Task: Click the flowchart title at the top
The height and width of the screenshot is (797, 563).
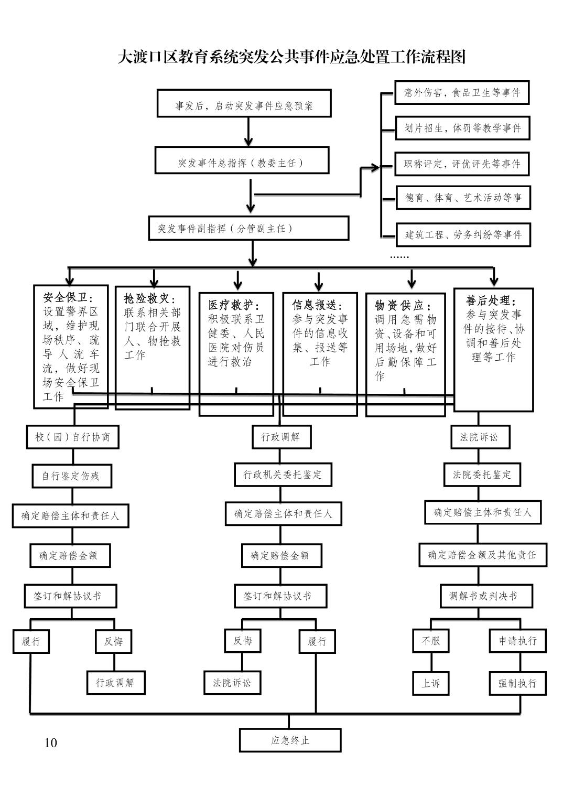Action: pos(291,57)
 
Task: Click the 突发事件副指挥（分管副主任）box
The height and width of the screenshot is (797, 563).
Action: pos(248,228)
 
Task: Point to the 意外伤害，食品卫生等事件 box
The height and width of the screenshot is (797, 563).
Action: pos(462,93)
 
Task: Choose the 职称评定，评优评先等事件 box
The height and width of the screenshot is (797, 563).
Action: pos(462,164)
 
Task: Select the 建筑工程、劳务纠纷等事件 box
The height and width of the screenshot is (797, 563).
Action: pos(463,234)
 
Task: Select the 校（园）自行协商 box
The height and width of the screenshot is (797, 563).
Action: pos(72,437)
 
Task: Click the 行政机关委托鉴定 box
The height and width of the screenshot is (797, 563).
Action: pos(282,475)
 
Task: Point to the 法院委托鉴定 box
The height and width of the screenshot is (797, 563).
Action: pos(482,475)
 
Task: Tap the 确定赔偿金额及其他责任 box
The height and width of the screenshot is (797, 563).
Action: pos(482,555)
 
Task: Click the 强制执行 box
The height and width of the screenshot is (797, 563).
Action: pos(517,683)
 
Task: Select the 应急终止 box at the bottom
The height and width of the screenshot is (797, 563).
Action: pos(290,740)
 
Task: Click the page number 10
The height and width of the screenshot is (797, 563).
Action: pos(51,742)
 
